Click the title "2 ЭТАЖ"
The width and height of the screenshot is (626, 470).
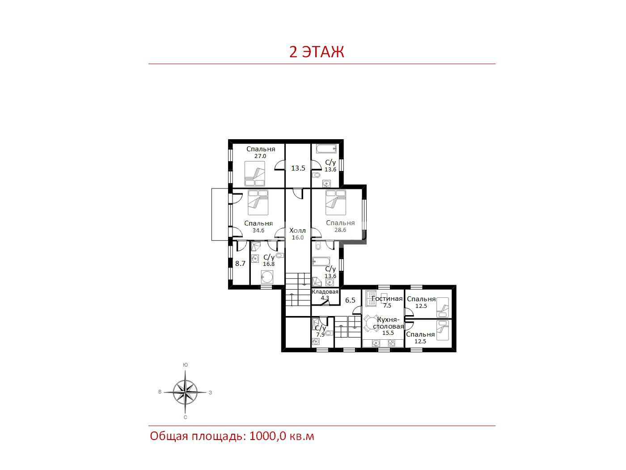tap(317, 52)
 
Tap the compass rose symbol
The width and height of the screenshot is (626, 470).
tap(186, 393)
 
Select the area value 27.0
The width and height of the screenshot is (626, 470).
tap(260, 156)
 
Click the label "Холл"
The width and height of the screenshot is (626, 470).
tap(297, 230)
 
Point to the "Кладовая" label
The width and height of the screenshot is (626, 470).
tap(325, 292)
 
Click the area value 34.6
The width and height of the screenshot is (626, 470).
tap(258, 230)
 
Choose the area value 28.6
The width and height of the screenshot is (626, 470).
tap(340, 230)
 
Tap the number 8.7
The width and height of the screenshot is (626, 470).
tap(240, 263)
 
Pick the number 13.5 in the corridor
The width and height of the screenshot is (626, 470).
tap(298, 168)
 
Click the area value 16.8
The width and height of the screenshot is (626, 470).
tap(269, 264)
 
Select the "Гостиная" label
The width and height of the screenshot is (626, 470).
tap(387, 299)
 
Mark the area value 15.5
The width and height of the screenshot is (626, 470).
tap(388, 333)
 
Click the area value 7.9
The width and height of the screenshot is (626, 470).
tap(320, 335)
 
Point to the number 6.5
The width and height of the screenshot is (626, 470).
tap(350, 300)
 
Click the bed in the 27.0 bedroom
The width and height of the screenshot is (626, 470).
tap(255, 174)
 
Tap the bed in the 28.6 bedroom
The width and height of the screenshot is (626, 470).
tap(336, 202)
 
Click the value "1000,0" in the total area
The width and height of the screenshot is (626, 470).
tap(267, 436)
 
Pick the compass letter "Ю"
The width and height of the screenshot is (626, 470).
tap(186, 365)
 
